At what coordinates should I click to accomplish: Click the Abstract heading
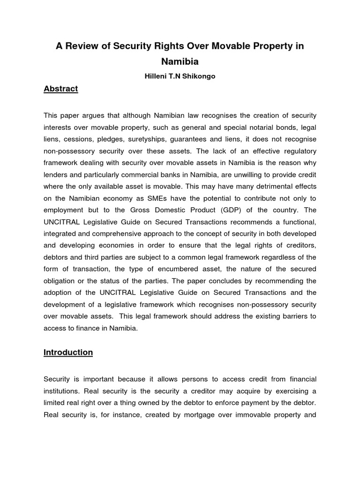click(x=60, y=89)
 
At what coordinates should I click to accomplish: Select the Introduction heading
click(x=68, y=352)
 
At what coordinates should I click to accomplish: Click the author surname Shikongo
click(x=199, y=76)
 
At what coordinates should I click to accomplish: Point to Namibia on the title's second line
click(x=180, y=61)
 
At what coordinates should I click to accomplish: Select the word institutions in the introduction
click(x=62, y=390)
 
